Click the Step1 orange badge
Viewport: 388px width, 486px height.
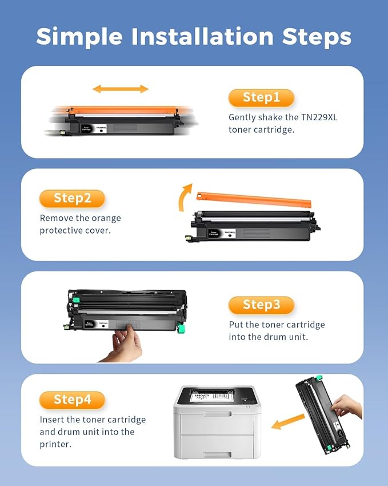(261, 98)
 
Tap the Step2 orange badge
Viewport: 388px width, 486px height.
(72, 199)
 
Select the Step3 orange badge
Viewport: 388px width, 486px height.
(261, 305)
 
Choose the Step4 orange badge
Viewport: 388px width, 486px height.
(72, 400)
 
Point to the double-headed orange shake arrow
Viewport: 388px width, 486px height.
(121, 89)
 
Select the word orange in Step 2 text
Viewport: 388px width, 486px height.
(106, 218)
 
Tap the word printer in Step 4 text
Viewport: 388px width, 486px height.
(56, 444)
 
